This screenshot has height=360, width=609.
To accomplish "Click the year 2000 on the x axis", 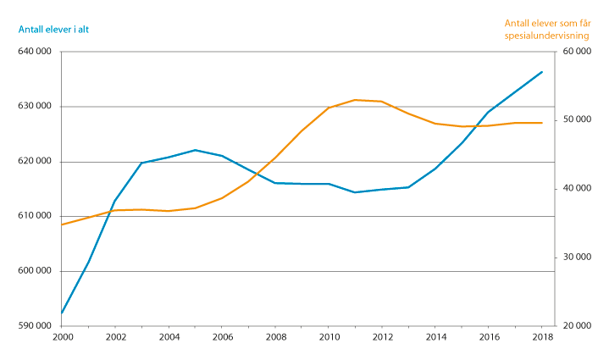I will (x=62, y=337).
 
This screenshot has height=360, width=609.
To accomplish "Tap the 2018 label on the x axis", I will (x=542, y=337).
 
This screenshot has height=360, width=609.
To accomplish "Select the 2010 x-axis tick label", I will (x=329, y=337).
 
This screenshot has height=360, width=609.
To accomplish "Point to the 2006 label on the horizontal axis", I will (x=222, y=337).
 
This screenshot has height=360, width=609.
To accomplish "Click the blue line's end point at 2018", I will (x=542, y=72).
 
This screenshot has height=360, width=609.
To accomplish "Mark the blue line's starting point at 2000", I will (x=62, y=313).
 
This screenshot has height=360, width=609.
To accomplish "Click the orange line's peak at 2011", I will (x=355, y=100).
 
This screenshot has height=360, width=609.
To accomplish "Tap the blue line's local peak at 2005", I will (x=196, y=150).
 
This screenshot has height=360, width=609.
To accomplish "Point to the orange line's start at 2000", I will (x=62, y=224).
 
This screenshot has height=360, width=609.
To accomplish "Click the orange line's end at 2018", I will (x=542, y=123).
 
